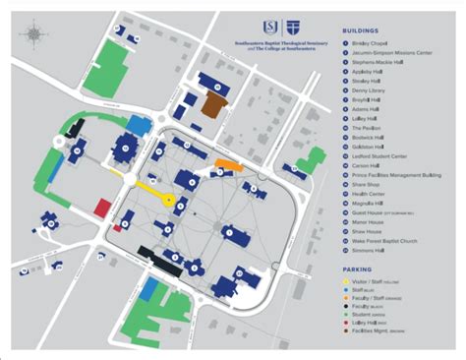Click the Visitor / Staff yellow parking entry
[382, 281]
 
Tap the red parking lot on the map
[102, 207]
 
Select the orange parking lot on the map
[227, 163]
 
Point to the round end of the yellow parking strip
[169, 200]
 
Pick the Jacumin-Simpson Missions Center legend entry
[392, 54]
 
